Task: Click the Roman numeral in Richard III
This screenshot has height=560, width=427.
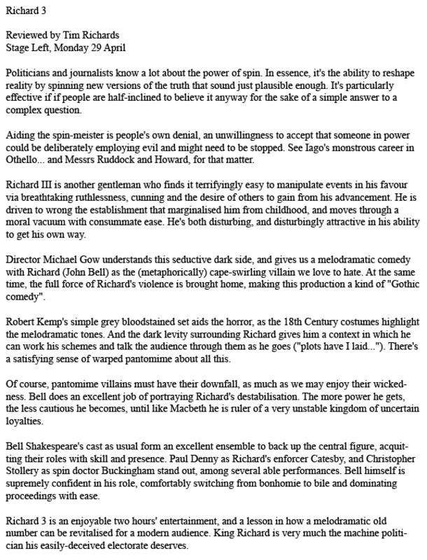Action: coord(49,185)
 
